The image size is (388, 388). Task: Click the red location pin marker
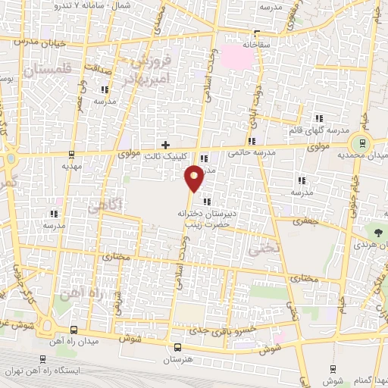click(x=195, y=178)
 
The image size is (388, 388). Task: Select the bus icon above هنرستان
click(x=177, y=347)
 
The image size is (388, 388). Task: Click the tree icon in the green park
click(x=377, y=230)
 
